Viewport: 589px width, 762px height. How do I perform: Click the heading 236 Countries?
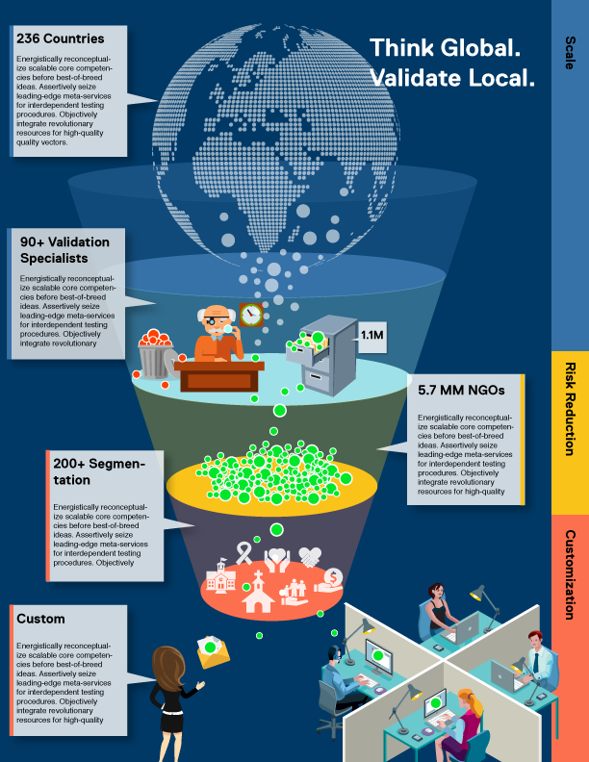60,39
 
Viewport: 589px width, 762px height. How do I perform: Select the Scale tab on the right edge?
569,53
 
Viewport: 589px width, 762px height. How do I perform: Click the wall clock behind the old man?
251,314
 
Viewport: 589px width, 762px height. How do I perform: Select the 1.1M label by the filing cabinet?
371,335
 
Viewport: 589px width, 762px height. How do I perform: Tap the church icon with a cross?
257,594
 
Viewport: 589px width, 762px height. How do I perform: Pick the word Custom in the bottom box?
41,619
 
